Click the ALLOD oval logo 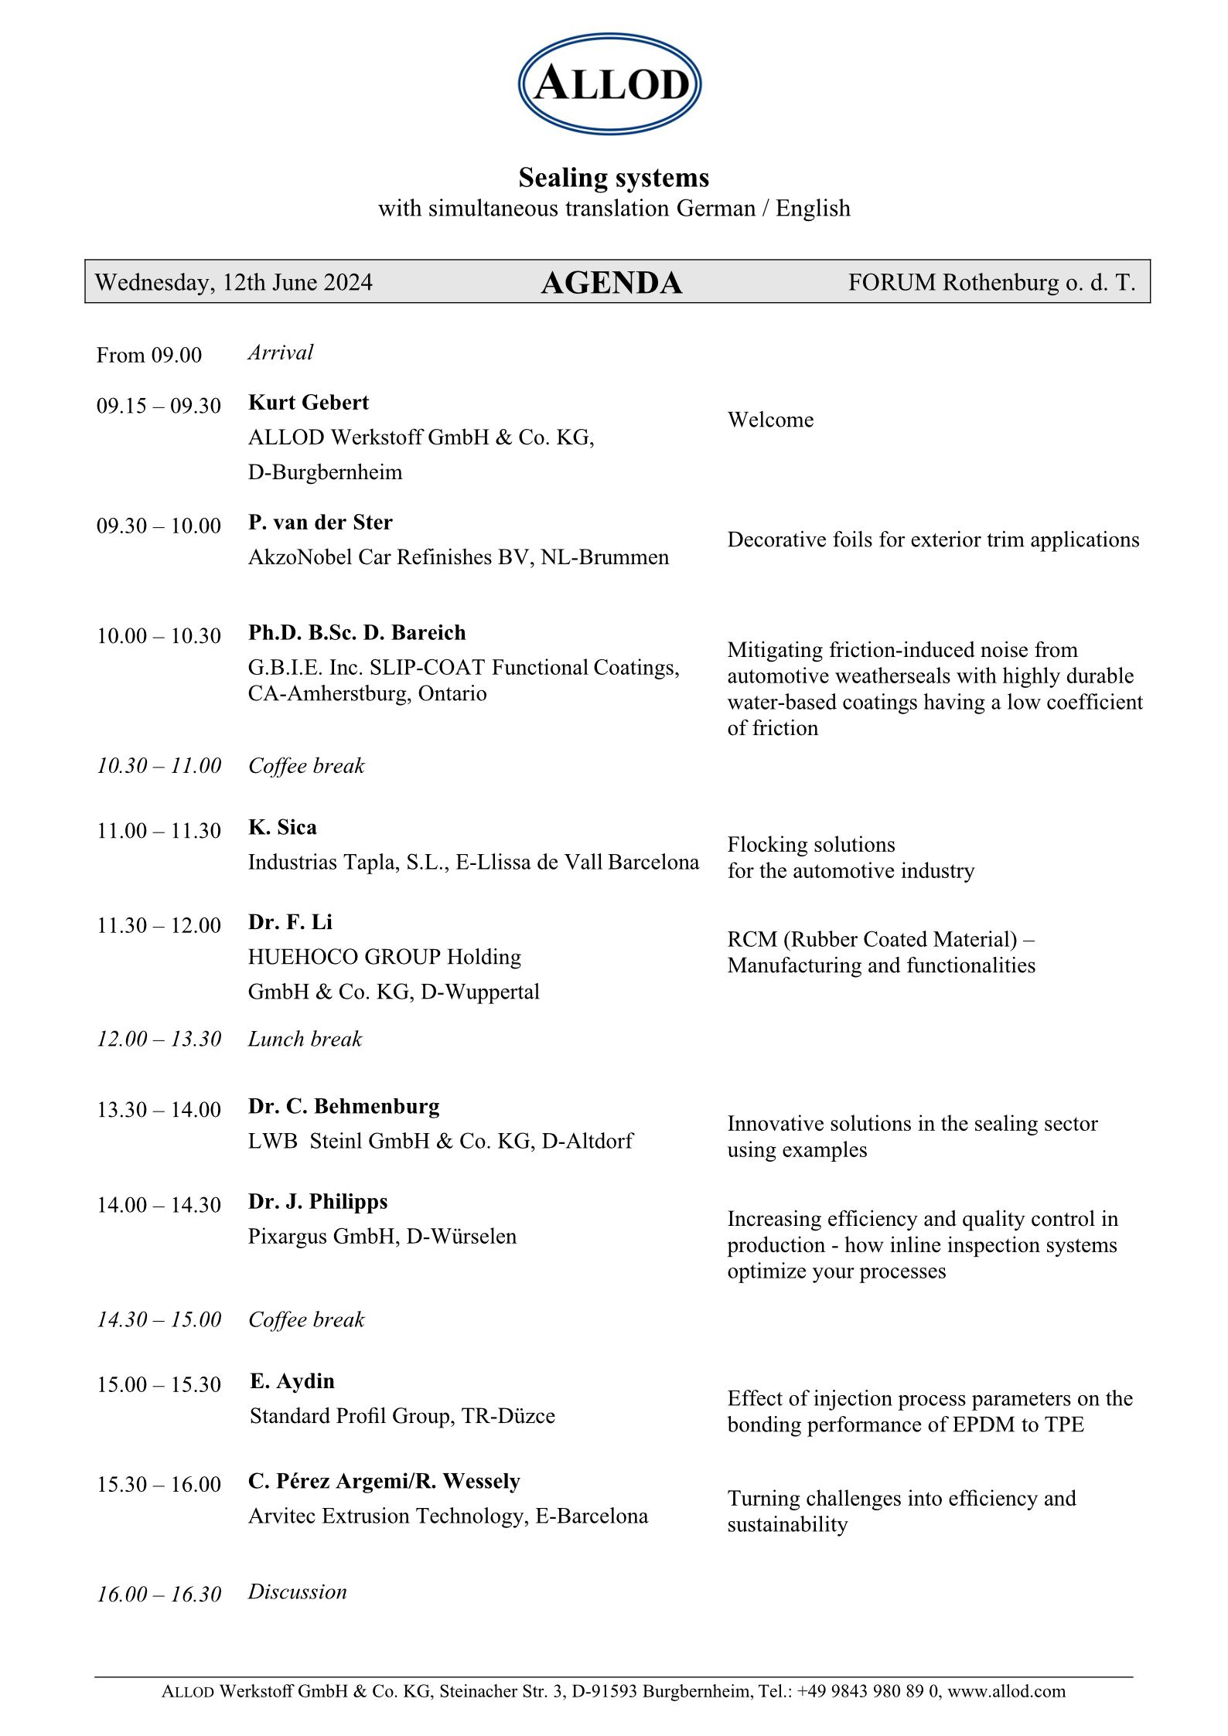coord(609,83)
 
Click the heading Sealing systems coord(613,178)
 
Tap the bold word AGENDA coord(611,283)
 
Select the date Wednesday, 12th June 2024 coord(234,282)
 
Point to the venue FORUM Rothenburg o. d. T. coord(991,282)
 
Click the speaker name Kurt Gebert coord(308,403)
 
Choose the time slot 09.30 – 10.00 coord(159,526)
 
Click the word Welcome coord(770,420)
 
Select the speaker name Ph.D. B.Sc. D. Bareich coord(356,633)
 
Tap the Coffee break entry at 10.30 coord(306,766)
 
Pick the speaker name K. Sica coord(282,828)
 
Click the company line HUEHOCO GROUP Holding coord(384,957)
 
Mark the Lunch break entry coord(305,1039)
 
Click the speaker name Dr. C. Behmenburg coord(343,1107)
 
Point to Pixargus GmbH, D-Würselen coord(382,1237)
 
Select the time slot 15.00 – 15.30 coord(159,1384)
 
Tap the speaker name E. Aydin coord(292,1381)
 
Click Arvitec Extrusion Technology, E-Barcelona coord(448,1516)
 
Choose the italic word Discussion coord(297,1591)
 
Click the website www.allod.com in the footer coord(1006,1691)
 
